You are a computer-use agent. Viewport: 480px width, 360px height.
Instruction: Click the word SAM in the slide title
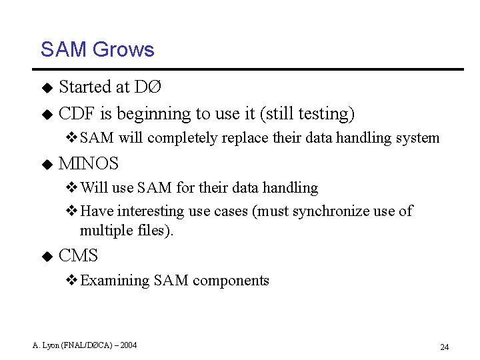pyautogui.click(x=63, y=50)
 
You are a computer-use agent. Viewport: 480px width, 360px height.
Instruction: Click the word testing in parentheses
pyautogui.click(x=323, y=114)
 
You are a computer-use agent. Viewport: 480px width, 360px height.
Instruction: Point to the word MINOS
pyautogui.click(x=89, y=163)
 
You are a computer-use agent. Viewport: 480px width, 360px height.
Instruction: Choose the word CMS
pyautogui.click(x=79, y=255)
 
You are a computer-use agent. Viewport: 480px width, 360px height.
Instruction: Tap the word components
pyautogui.click(x=231, y=281)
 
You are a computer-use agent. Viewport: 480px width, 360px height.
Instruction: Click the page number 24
pyautogui.click(x=445, y=347)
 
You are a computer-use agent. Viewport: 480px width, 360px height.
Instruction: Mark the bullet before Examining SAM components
pyautogui.click(x=72, y=281)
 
